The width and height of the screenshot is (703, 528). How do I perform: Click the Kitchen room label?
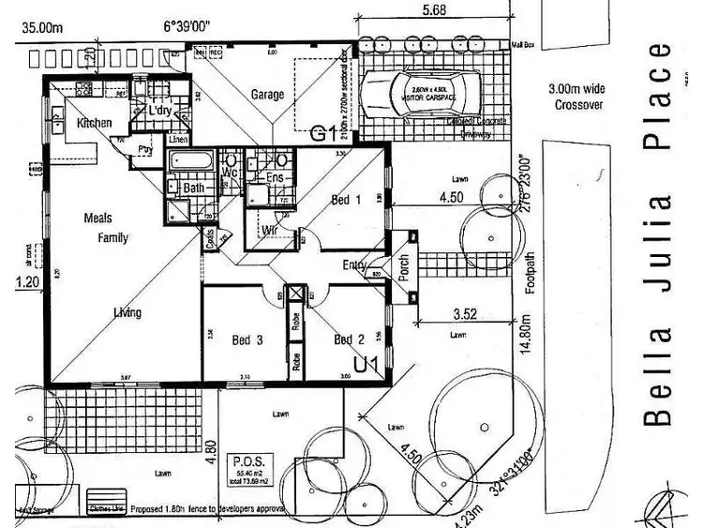[94, 123]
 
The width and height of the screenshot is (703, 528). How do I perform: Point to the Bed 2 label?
[348, 339]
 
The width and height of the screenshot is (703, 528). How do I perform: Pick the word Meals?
[97, 219]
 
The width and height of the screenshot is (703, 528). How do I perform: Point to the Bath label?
[194, 189]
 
